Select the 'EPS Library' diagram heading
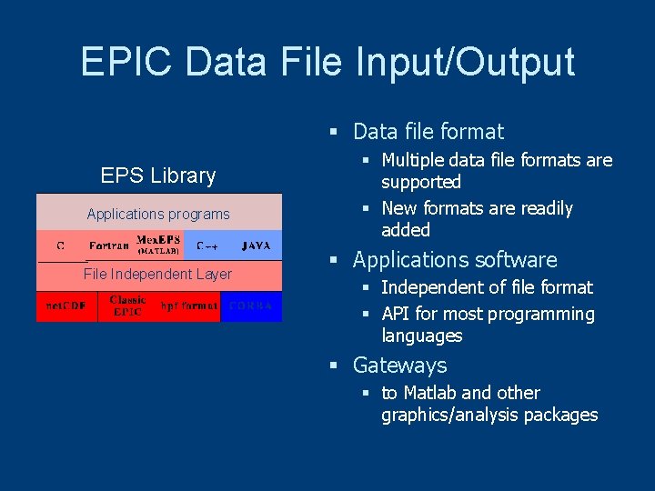pyautogui.click(x=158, y=175)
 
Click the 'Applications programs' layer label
pyautogui.click(x=158, y=215)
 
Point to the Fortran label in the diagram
pyautogui.click(x=109, y=245)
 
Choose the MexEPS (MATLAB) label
pyautogui.click(x=158, y=245)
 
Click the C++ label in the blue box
pyautogui.click(x=207, y=245)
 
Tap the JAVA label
pyautogui.click(x=256, y=245)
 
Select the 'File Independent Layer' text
pyautogui.click(x=157, y=274)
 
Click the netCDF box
pyautogui.click(x=66, y=306)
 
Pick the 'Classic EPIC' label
pyautogui.click(x=127, y=306)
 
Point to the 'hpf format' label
pyautogui.click(x=189, y=306)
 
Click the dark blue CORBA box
pyautogui.click(x=251, y=306)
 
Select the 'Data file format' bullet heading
pyautogui.click(x=428, y=132)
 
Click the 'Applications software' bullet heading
pyautogui.click(x=455, y=260)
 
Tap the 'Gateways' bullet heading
pyautogui.click(x=399, y=366)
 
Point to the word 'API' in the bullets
pyautogui.click(x=396, y=315)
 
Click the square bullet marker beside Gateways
pyautogui.click(x=334, y=366)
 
